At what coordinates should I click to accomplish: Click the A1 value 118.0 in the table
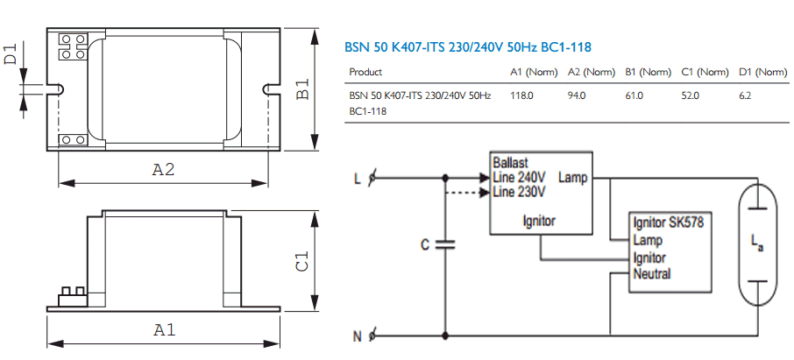(x=521, y=95)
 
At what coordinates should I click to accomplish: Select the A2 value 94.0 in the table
(x=577, y=95)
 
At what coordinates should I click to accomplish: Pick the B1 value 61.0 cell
(x=634, y=95)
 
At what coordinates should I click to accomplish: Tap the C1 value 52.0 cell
(x=691, y=95)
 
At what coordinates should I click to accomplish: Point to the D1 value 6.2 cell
(x=746, y=95)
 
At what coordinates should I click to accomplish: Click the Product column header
(x=365, y=73)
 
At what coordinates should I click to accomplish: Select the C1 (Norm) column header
(x=705, y=73)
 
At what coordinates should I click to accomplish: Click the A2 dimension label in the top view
(x=163, y=170)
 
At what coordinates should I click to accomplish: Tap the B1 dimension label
(x=302, y=88)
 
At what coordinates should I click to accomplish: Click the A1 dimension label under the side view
(x=164, y=330)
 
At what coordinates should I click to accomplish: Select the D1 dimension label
(x=11, y=53)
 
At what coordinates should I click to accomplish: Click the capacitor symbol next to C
(x=445, y=244)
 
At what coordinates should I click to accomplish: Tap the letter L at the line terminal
(x=358, y=180)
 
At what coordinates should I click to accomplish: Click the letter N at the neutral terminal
(x=358, y=336)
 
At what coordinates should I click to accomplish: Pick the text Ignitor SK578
(x=669, y=222)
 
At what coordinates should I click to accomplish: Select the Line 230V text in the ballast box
(x=519, y=193)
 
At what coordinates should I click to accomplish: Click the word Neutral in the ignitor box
(x=652, y=274)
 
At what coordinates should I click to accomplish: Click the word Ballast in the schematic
(x=510, y=163)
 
